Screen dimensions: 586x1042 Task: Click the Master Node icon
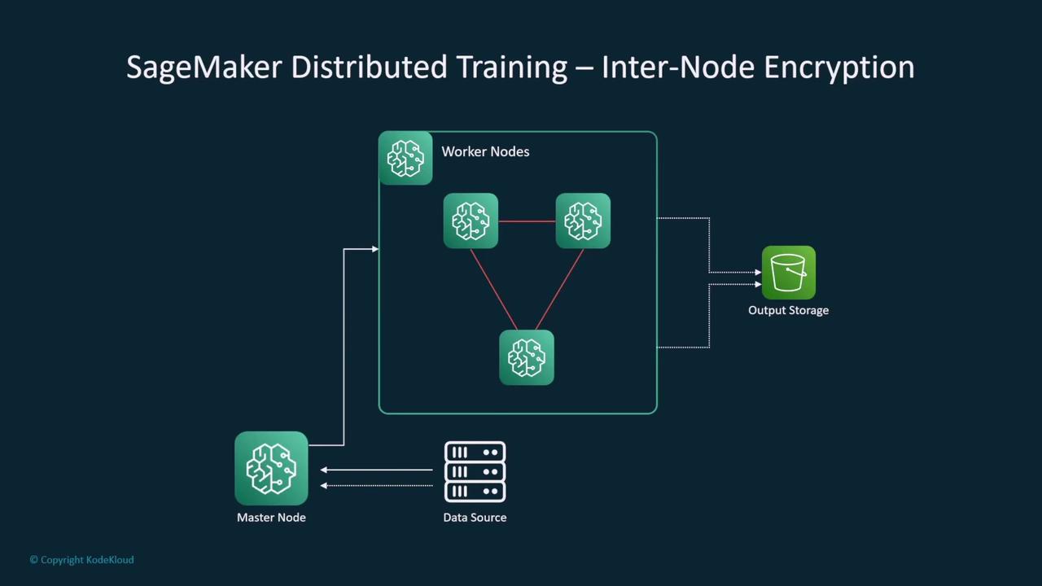tap(271, 469)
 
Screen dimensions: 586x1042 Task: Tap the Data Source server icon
tap(475, 471)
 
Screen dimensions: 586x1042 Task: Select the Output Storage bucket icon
tap(788, 273)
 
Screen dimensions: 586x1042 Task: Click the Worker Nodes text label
tap(485, 151)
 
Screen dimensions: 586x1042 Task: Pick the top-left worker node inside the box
tap(471, 221)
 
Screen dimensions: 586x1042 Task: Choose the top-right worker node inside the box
tap(583, 221)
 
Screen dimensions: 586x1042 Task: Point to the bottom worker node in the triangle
tap(527, 357)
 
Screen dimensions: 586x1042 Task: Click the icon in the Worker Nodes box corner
tap(405, 158)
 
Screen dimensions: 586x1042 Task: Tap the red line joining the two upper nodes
tap(527, 221)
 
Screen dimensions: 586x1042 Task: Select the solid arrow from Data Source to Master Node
tap(376, 470)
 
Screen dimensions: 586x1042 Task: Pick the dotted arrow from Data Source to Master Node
tap(376, 486)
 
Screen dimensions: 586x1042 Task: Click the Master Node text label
tap(271, 518)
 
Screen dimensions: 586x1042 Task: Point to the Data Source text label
tap(475, 518)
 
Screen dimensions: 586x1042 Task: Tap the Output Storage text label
tap(788, 310)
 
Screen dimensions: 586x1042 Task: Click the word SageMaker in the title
tap(204, 67)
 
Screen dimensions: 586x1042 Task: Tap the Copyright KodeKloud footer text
tap(81, 560)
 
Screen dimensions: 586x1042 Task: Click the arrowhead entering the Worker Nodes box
tap(374, 249)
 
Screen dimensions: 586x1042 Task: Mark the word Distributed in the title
tap(370, 67)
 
